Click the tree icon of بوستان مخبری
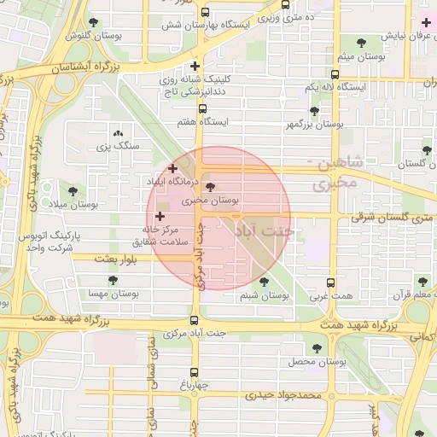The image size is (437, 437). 211,188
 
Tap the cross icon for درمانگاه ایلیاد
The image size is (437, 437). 173,168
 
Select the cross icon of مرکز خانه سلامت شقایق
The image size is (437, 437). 160,217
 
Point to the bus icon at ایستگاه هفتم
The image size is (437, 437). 202,108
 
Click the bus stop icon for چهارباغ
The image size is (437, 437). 195,372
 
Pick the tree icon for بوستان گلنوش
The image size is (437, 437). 93,22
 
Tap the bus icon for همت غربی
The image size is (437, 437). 331,283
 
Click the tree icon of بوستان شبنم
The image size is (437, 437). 261,282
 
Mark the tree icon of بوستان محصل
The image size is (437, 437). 318,348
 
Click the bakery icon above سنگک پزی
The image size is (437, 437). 118,133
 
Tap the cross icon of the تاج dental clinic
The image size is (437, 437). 195,66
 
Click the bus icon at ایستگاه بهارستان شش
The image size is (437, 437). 205,13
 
